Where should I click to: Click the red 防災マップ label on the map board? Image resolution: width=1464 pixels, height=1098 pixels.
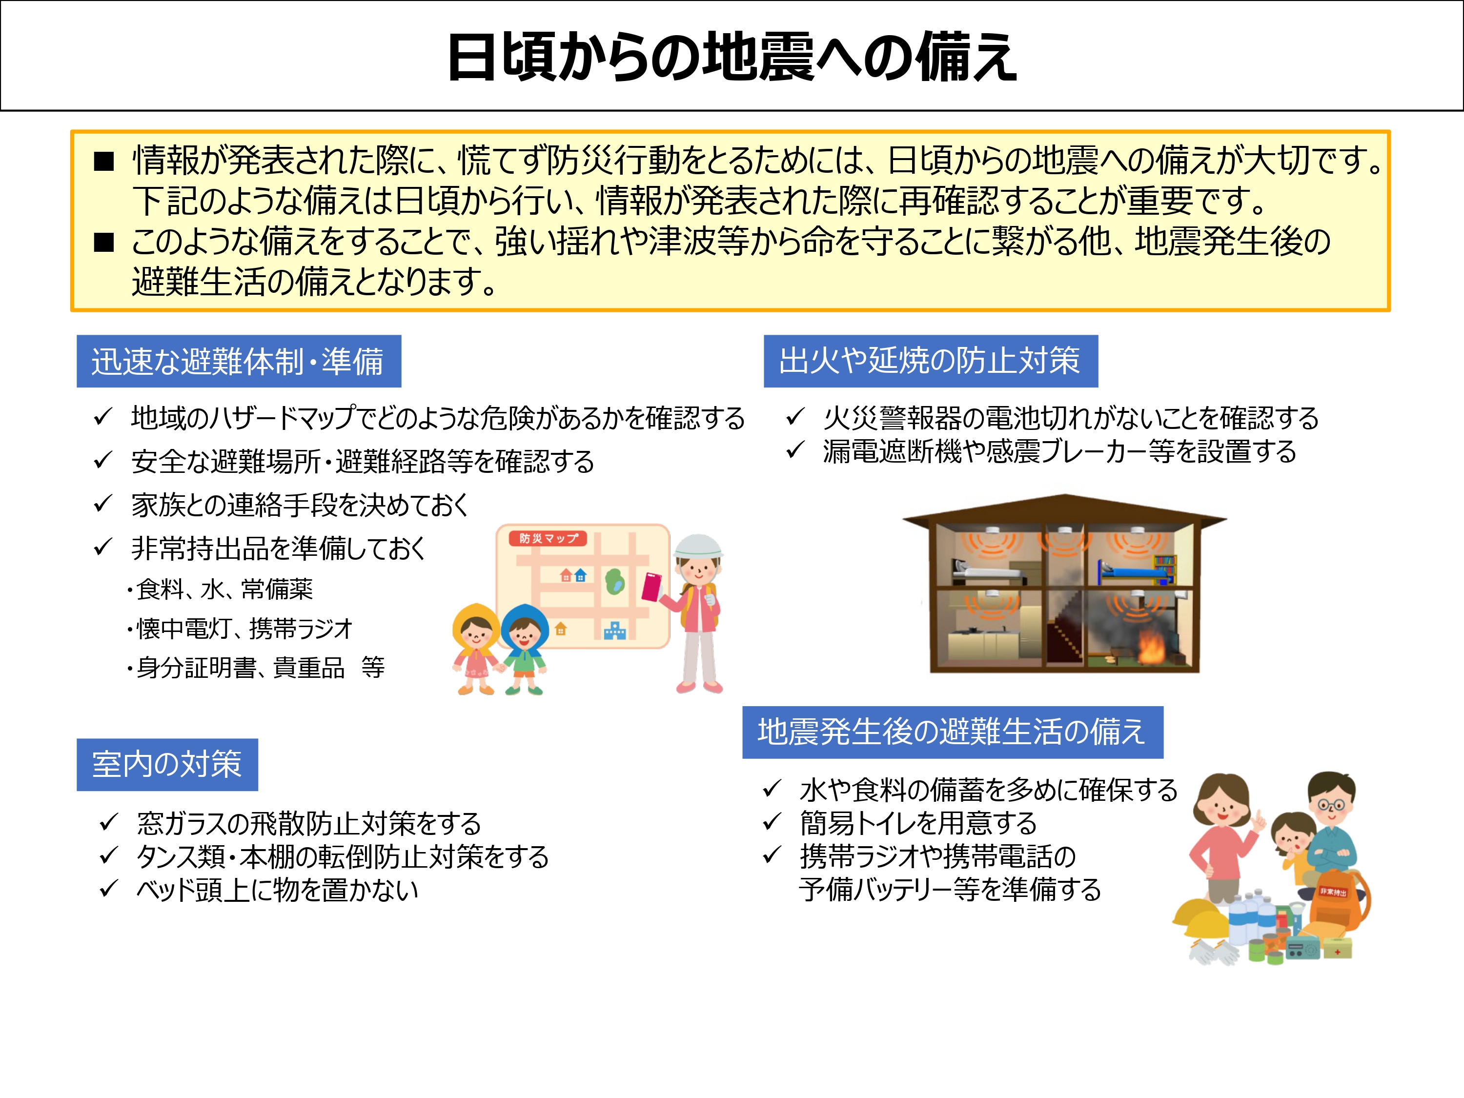pyautogui.click(x=548, y=538)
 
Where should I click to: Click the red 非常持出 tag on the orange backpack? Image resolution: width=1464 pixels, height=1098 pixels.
pyautogui.click(x=1332, y=892)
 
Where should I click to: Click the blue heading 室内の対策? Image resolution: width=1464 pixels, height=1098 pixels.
pyautogui.click(x=167, y=764)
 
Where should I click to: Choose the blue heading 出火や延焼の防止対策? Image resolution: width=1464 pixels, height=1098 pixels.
pyautogui.click(x=930, y=362)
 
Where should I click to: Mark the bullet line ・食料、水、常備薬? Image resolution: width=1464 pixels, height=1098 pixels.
pyautogui.click(x=221, y=589)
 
